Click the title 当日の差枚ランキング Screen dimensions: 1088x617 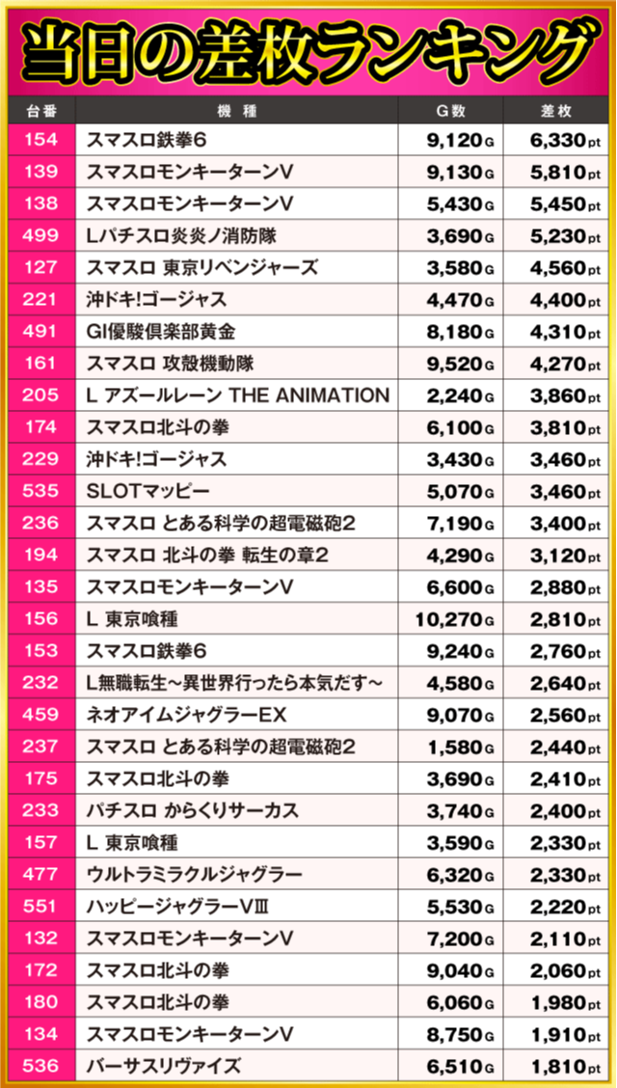coord(308,50)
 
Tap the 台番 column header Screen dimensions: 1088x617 coord(41,110)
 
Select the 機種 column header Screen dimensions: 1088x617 coord(236,110)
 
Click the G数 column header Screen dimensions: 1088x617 coord(450,110)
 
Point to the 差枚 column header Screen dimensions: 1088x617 coord(558,110)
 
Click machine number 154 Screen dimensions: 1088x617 coord(41,140)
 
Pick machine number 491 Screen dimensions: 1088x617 coord(41,332)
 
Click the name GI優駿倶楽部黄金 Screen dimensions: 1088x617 coord(161,332)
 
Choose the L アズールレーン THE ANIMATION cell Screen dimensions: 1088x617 coord(237,395)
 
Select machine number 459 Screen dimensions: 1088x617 coord(41,715)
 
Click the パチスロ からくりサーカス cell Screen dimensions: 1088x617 coord(192,810)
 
